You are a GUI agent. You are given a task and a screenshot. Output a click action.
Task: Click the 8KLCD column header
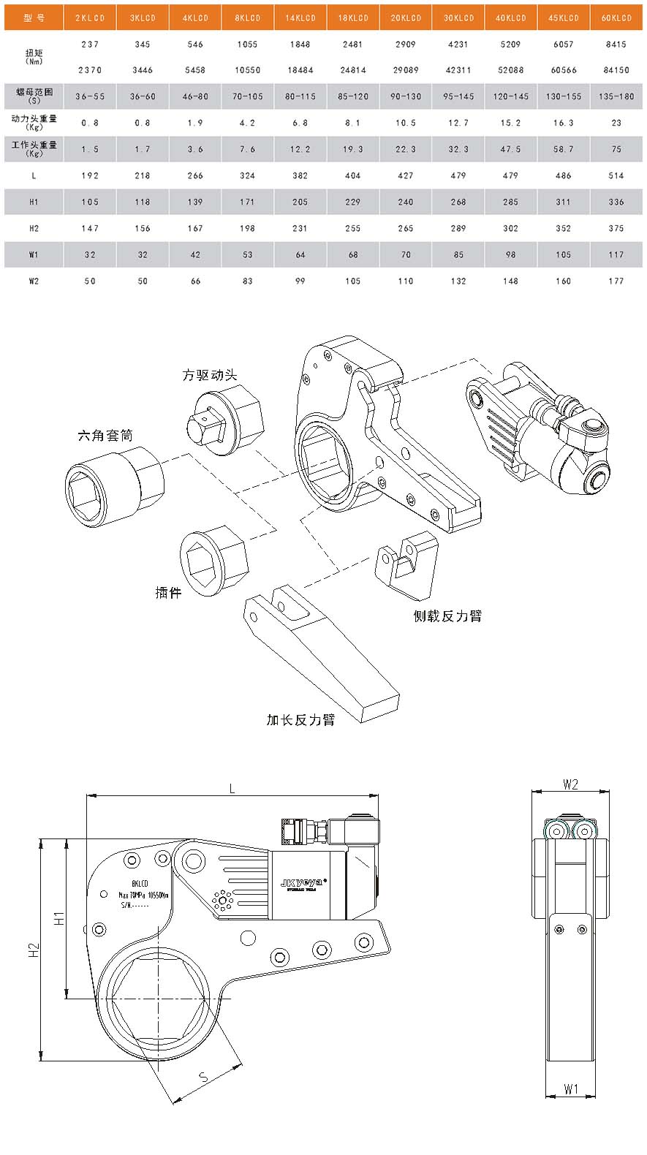coord(247,18)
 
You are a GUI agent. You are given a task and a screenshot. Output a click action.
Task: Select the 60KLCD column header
coord(616,18)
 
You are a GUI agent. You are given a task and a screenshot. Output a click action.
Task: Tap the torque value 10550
coord(247,70)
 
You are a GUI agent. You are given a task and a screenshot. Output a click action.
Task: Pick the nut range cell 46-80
coord(195,96)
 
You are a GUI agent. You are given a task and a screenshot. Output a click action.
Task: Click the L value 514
coord(616,175)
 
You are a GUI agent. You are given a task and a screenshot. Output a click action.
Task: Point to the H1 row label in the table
coord(34,202)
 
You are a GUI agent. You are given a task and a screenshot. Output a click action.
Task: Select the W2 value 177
coord(616,281)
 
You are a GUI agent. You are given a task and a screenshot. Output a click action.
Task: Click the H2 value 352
coord(563,228)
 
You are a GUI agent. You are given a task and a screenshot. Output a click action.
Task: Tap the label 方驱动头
coord(210,375)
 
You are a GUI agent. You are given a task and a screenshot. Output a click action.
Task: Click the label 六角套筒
coord(105,436)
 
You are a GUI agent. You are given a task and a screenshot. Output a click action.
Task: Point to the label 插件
coord(168,592)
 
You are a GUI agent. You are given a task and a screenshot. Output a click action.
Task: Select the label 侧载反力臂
coord(447,616)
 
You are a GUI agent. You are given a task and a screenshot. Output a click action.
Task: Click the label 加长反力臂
coord(300,720)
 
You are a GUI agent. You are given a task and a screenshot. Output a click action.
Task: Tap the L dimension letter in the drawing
coord(232,788)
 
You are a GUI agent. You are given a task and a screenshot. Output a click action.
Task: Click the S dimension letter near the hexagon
coord(204,1076)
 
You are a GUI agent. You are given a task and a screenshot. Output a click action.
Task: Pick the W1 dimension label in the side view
coord(570,1089)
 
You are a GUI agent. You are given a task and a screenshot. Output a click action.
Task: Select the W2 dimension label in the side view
coord(570,784)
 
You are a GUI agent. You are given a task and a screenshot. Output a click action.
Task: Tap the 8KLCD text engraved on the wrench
coord(140,884)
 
